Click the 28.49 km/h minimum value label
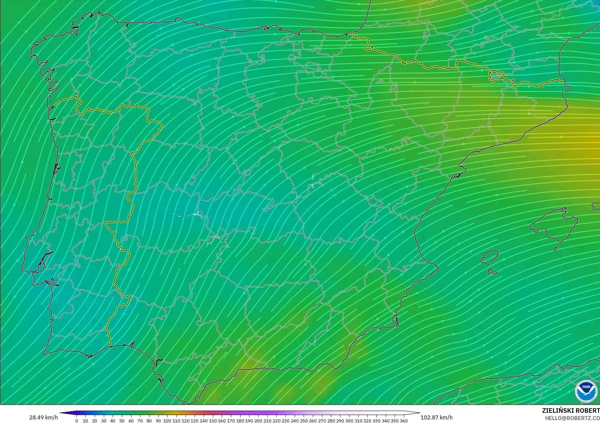coord(43,417)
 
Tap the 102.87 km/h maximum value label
coord(436,417)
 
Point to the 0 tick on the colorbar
coord(77,421)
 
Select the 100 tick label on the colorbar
coord(167,421)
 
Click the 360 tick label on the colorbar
coord(404,421)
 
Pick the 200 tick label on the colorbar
coord(258,421)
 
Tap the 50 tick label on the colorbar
coord(122,421)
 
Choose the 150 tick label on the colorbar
coord(213,421)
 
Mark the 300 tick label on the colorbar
coord(349,421)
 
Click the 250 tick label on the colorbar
coord(304,421)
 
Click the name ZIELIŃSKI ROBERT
coord(571,411)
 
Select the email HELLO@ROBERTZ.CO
coord(572,418)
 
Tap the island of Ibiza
coord(490,257)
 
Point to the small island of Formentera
coord(492,272)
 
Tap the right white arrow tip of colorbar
coord(419,413)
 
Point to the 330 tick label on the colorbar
coord(377,421)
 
